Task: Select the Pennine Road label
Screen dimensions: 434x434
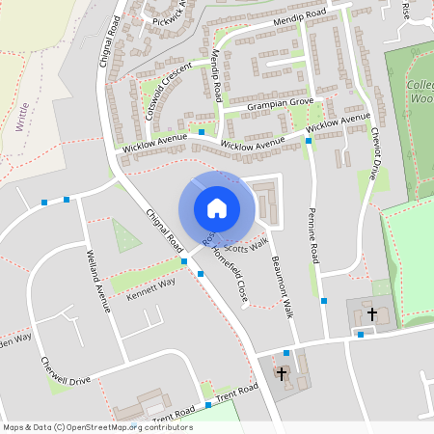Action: [x=313, y=236]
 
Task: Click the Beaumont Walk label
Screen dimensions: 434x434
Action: [x=282, y=285]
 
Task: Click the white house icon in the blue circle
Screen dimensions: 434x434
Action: [x=216, y=207]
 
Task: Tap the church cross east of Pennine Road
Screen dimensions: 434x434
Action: [x=371, y=313]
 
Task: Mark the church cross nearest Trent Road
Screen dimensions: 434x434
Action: [x=282, y=372]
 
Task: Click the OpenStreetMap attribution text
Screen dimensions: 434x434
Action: [x=96, y=426]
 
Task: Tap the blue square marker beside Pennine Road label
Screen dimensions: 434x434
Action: [x=324, y=301]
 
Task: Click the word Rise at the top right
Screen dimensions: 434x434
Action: [x=405, y=9]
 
